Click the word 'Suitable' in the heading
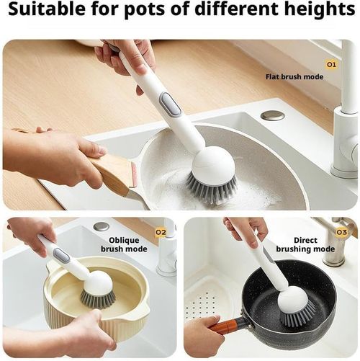tap(38, 11)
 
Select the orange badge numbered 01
tap(332, 64)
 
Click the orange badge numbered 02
tap(161, 232)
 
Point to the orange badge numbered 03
tap(342, 232)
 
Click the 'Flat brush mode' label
tap(294, 76)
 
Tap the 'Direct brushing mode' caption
tap(315, 244)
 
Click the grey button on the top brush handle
tap(170, 103)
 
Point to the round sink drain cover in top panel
tap(272, 115)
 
